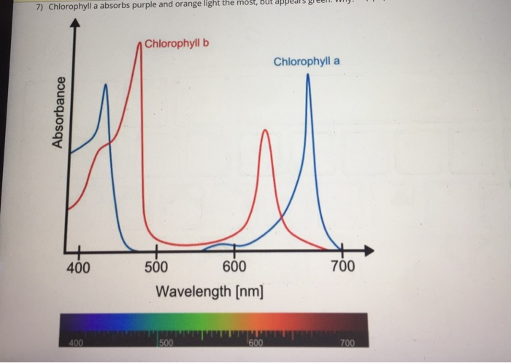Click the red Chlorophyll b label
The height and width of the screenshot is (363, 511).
pyautogui.click(x=177, y=43)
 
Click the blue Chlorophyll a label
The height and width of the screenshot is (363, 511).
pyautogui.click(x=307, y=61)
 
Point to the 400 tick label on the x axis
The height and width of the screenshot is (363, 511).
pyautogui.click(x=78, y=267)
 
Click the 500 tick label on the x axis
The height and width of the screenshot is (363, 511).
pyautogui.click(x=155, y=267)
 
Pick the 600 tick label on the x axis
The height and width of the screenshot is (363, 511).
pyautogui.click(x=234, y=267)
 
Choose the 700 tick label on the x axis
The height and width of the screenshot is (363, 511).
pyautogui.click(x=342, y=267)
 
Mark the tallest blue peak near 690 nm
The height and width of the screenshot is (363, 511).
pyautogui.click(x=307, y=75)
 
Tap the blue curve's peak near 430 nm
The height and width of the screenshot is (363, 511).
pyautogui.click(x=106, y=85)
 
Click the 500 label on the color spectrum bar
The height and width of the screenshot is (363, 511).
pyautogui.click(x=166, y=343)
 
